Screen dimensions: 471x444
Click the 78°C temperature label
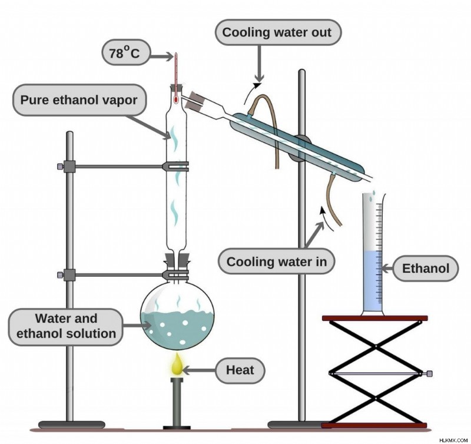click(126, 52)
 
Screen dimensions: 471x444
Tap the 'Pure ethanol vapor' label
click(79, 100)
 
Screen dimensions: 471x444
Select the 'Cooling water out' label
click(277, 32)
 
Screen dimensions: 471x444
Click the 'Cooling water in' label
click(276, 261)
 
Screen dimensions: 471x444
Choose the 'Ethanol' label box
click(426, 269)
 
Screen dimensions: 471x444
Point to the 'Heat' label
click(240, 370)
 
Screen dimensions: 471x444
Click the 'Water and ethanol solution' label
click(66, 327)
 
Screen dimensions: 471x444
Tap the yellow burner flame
click(177, 364)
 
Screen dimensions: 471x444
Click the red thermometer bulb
click(175, 99)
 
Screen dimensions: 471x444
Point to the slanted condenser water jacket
click(297, 147)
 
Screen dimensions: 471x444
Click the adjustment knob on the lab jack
click(429, 374)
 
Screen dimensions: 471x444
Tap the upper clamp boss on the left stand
click(69, 167)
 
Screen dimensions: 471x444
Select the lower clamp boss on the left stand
click(69, 275)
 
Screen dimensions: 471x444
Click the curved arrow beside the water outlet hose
click(251, 92)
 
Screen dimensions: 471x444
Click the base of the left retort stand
click(72, 425)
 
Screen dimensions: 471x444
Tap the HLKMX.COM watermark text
click(453, 440)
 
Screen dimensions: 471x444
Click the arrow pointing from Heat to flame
click(199, 370)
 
